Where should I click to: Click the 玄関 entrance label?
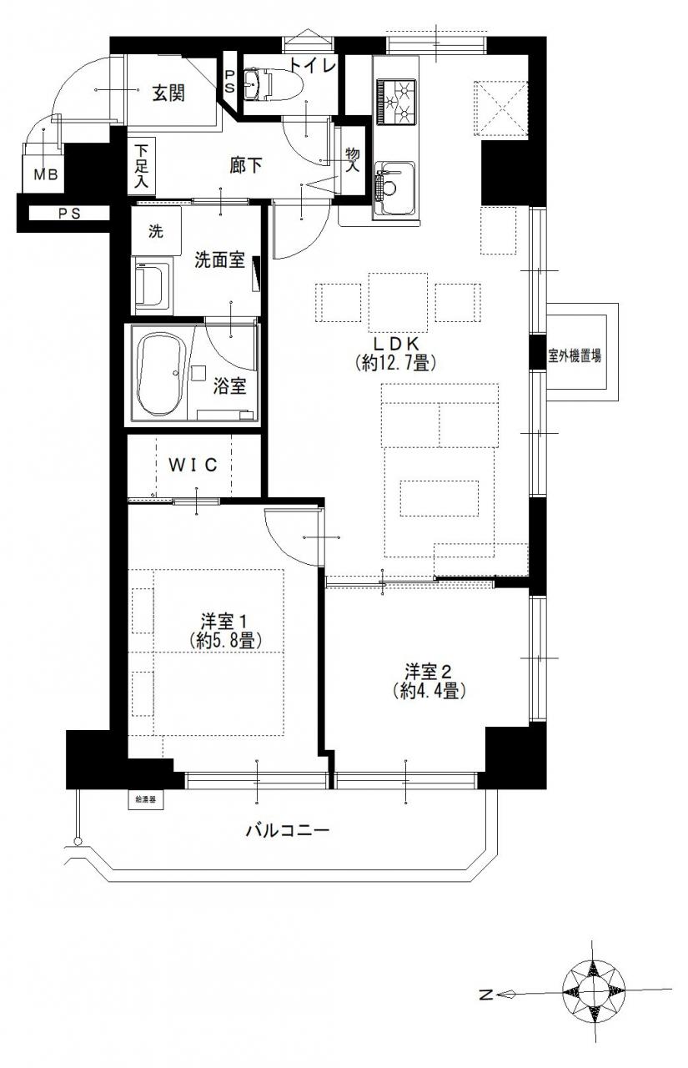click(168, 93)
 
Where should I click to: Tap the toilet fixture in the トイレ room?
click(266, 85)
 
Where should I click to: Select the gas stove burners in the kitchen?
click(395, 101)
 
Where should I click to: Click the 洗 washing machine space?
click(156, 231)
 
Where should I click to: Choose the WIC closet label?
click(193, 464)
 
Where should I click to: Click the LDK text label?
click(395, 343)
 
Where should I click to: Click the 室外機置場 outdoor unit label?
click(574, 355)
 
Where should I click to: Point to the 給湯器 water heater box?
click(143, 800)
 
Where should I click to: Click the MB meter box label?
click(46, 174)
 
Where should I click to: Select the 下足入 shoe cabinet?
click(142, 166)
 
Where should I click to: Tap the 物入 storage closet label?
click(353, 161)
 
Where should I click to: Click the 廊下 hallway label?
click(245, 165)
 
